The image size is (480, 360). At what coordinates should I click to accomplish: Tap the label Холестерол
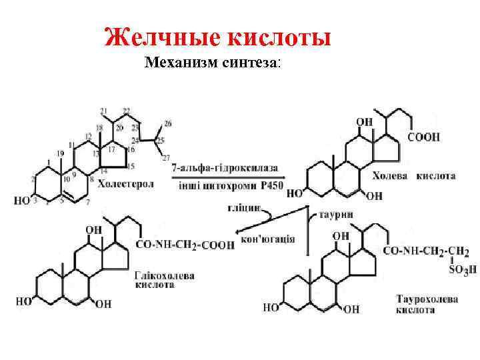[x=125, y=183]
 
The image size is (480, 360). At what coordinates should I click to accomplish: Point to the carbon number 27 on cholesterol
[x=166, y=157]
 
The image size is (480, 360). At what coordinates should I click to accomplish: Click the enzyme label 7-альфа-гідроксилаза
[x=224, y=167]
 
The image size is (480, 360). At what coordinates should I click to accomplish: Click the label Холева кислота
[x=413, y=177]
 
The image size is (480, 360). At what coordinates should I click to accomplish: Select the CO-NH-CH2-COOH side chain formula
[x=185, y=245]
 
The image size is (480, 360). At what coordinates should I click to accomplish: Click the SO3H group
[x=454, y=269]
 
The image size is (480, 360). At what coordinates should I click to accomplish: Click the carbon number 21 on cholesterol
[x=103, y=111]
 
